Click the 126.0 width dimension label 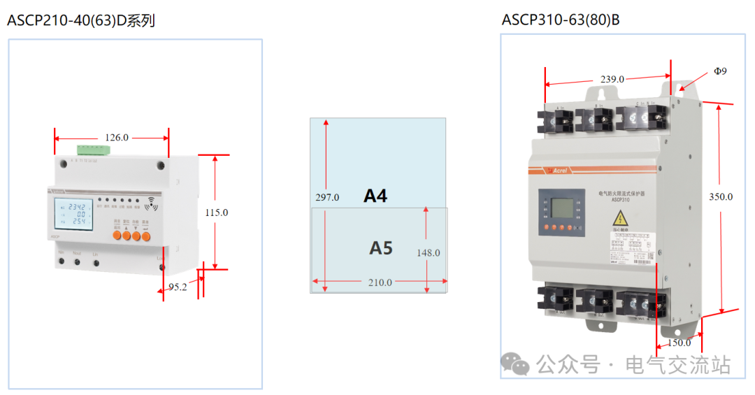pos(116,138)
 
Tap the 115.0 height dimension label pos(217,212)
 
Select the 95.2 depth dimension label pos(178,287)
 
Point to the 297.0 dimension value pos(327,198)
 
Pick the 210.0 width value pos(380,282)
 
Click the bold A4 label pos(375,196)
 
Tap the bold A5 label pos(381,247)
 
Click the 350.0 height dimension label pos(721,196)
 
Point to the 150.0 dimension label pos(678,343)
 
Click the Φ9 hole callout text pos(720,71)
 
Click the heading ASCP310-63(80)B pos(561,20)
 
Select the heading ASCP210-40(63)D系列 pos(81,21)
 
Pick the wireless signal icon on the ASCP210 pos(150,205)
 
